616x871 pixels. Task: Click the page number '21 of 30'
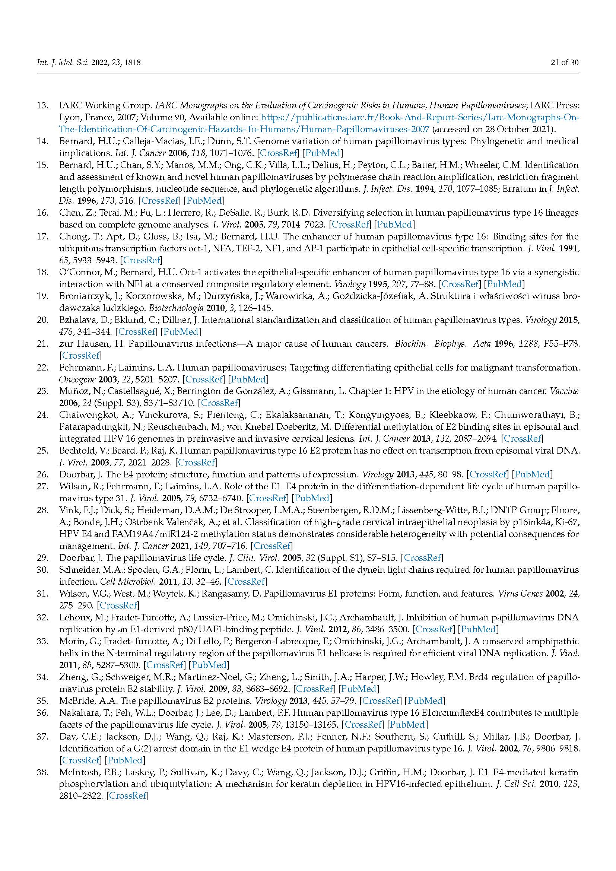click(x=564, y=63)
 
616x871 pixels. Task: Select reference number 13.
click(x=42, y=105)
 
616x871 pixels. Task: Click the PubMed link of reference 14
click(x=324, y=153)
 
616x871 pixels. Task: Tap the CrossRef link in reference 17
click(x=141, y=260)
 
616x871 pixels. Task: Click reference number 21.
click(x=42, y=344)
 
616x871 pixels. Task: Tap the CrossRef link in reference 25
click(x=197, y=462)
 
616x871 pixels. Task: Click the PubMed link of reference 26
click(x=532, y=474)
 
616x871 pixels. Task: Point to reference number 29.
click(x=42, y=558)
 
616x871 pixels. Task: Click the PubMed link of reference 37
click(x=125, y=760)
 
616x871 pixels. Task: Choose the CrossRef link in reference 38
click(x=128, y=796)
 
